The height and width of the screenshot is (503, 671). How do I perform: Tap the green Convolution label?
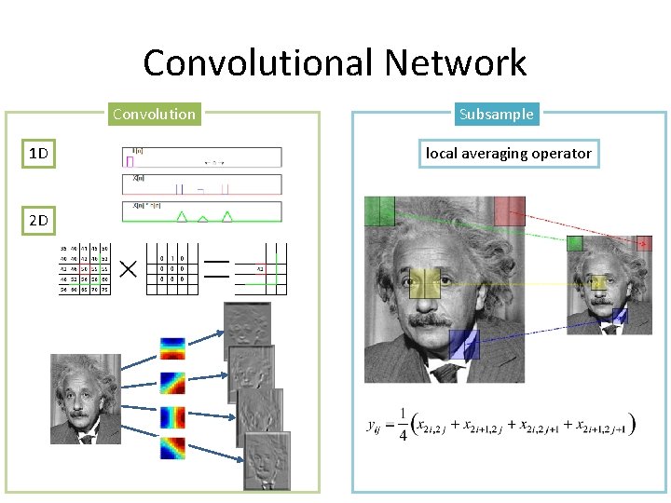(x=154, y=115)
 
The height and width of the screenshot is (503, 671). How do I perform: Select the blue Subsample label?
(x=496, y=115)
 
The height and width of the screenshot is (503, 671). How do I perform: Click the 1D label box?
(x=38, y=153)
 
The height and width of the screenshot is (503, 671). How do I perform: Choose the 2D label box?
(x=38, y=221)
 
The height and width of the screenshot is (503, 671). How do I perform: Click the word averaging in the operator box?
(x=508, y=154)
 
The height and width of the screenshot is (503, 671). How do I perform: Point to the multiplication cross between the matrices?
(x=127, y=269)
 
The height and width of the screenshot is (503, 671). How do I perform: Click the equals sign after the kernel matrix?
(x=216, y=269)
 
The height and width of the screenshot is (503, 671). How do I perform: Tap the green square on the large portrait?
(x=379, y=211)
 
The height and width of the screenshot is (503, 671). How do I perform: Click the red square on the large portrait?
(x=510, y=211)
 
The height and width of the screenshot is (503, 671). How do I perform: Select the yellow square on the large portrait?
(x=424, y=283)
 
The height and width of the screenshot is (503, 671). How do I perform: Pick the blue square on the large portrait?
(x=463, y=344)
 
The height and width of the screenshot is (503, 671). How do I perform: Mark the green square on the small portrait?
(x=575, y=244)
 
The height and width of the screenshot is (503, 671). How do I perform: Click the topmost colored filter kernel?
(x=172, y=348)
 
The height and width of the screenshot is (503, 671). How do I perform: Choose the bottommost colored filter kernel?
(x=172, y=449)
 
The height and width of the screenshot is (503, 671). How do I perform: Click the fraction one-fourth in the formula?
(x=403, y=425)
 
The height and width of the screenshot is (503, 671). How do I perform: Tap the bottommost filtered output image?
(x=267, y=460)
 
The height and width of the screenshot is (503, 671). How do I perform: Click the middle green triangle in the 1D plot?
(x=203, y=217)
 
